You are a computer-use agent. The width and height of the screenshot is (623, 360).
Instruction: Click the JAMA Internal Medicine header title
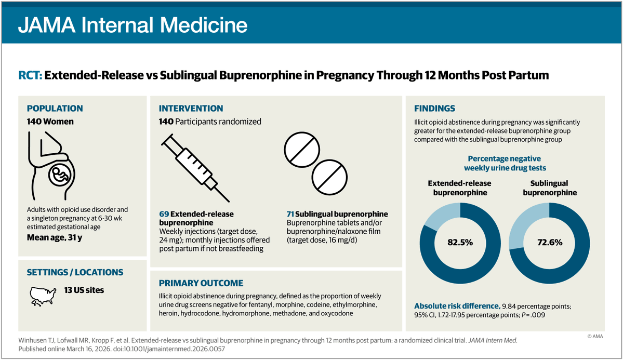[132, 25]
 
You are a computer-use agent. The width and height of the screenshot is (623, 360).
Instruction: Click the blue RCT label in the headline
[30, 76]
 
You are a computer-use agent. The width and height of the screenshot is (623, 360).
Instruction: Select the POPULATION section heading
[55, 109]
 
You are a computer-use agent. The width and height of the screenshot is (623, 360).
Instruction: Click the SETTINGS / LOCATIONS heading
[75, 272]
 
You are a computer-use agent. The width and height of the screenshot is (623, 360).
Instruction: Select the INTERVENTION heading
[191, 109]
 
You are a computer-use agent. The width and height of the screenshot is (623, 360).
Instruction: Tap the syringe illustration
[195, 166]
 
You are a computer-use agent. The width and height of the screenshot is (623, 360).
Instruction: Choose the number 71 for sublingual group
[290, 214]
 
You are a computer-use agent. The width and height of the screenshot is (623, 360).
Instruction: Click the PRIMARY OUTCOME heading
[201, 283]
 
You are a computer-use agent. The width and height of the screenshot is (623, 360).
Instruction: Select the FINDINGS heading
[434, 109]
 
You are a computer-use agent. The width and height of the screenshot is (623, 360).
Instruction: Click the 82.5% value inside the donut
[459, 243]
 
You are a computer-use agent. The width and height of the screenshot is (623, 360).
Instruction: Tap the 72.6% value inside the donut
[549, 243]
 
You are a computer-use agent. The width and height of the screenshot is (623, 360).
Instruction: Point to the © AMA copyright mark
[597, 336]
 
